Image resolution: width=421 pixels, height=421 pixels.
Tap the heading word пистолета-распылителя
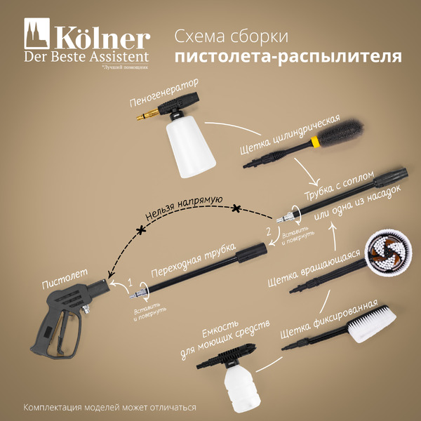click(x=287, y=57)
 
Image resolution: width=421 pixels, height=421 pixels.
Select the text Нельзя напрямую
click(x=183, y=208)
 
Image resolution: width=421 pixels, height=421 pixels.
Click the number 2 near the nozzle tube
click(x=267, y=229)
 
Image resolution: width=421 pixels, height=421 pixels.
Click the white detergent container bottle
click(x=239, y=387)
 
